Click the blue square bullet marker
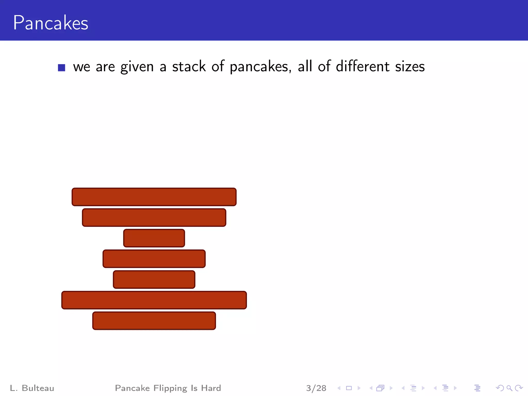click(x=61, y=68)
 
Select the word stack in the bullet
click(x=189, y=67)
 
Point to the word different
click(x=362, y=66)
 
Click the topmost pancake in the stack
click(x=154, y=197)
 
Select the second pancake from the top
click(x=154, y=218)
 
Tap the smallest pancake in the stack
click(x=154, y=238)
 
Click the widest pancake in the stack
click(x=154, y=300)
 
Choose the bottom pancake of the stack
click(x=154, y=321)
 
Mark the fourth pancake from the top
click(x=154, y=259)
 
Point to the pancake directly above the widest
click(x=154, y=279)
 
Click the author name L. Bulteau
click(x=32, y=388)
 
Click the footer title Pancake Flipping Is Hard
click(x=168, y=388)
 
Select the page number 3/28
click(x=316, y=388)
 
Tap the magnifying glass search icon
click(x=509, y=388)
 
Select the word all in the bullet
click(x=305, y=66)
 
